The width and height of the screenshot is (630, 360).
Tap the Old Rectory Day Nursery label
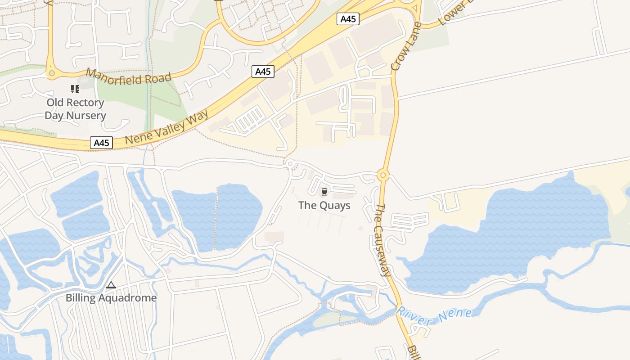click(x=75, y=109)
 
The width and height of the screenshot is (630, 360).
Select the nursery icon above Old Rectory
click(x=75, y=89)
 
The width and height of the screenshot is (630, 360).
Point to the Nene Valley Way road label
click(x=167, y=127)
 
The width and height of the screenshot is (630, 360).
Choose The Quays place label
click(x=324, y=206)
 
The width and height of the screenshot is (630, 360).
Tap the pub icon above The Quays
click(x=324, y=193)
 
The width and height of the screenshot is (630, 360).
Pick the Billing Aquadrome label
click(x=111, y=298)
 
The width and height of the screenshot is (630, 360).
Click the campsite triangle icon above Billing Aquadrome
click(x=111, y=285)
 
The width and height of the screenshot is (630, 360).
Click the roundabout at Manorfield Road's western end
click(x=52, y=73)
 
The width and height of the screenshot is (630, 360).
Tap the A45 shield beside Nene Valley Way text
click(x=101, y=143)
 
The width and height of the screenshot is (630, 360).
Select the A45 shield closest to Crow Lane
click(x=348, y=19)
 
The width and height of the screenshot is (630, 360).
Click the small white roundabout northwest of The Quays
click(x=290, y=163)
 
